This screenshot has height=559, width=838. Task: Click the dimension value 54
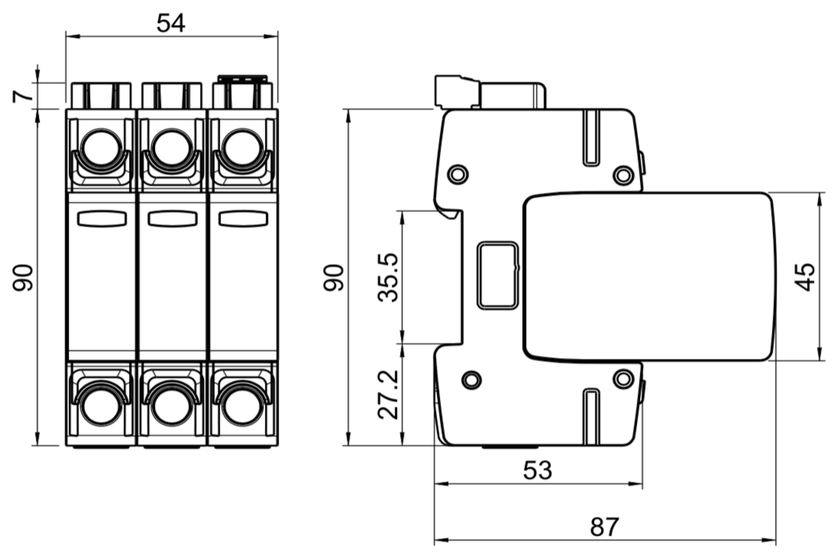(171, 23)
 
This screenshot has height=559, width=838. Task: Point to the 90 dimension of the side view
(334, 278)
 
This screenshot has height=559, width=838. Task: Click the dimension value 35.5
(387, 278)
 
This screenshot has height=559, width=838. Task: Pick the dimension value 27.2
(387, 395)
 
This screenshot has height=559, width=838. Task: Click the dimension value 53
(537, 471)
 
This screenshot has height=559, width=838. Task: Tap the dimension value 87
(604, 527)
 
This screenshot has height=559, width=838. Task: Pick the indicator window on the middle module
(173, 219)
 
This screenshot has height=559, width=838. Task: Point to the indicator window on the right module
(243, 219)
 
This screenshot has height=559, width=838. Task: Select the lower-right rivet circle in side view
(623, 378)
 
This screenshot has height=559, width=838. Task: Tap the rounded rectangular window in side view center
(498, 275)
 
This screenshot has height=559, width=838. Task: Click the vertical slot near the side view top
(591, 138)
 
